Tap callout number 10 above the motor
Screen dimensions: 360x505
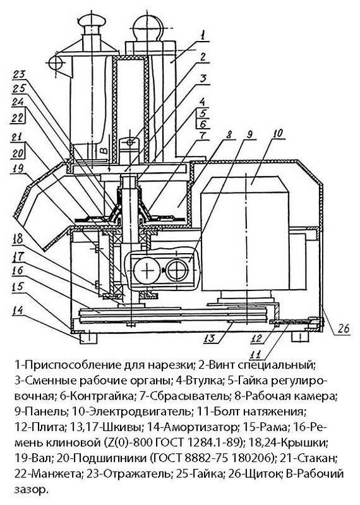point(278,133)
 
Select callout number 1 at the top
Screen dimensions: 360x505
point(202,35)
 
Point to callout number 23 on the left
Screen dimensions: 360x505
point(20,75)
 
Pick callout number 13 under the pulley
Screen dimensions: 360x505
point(210,338)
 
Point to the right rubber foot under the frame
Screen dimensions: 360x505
point(299,337)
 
